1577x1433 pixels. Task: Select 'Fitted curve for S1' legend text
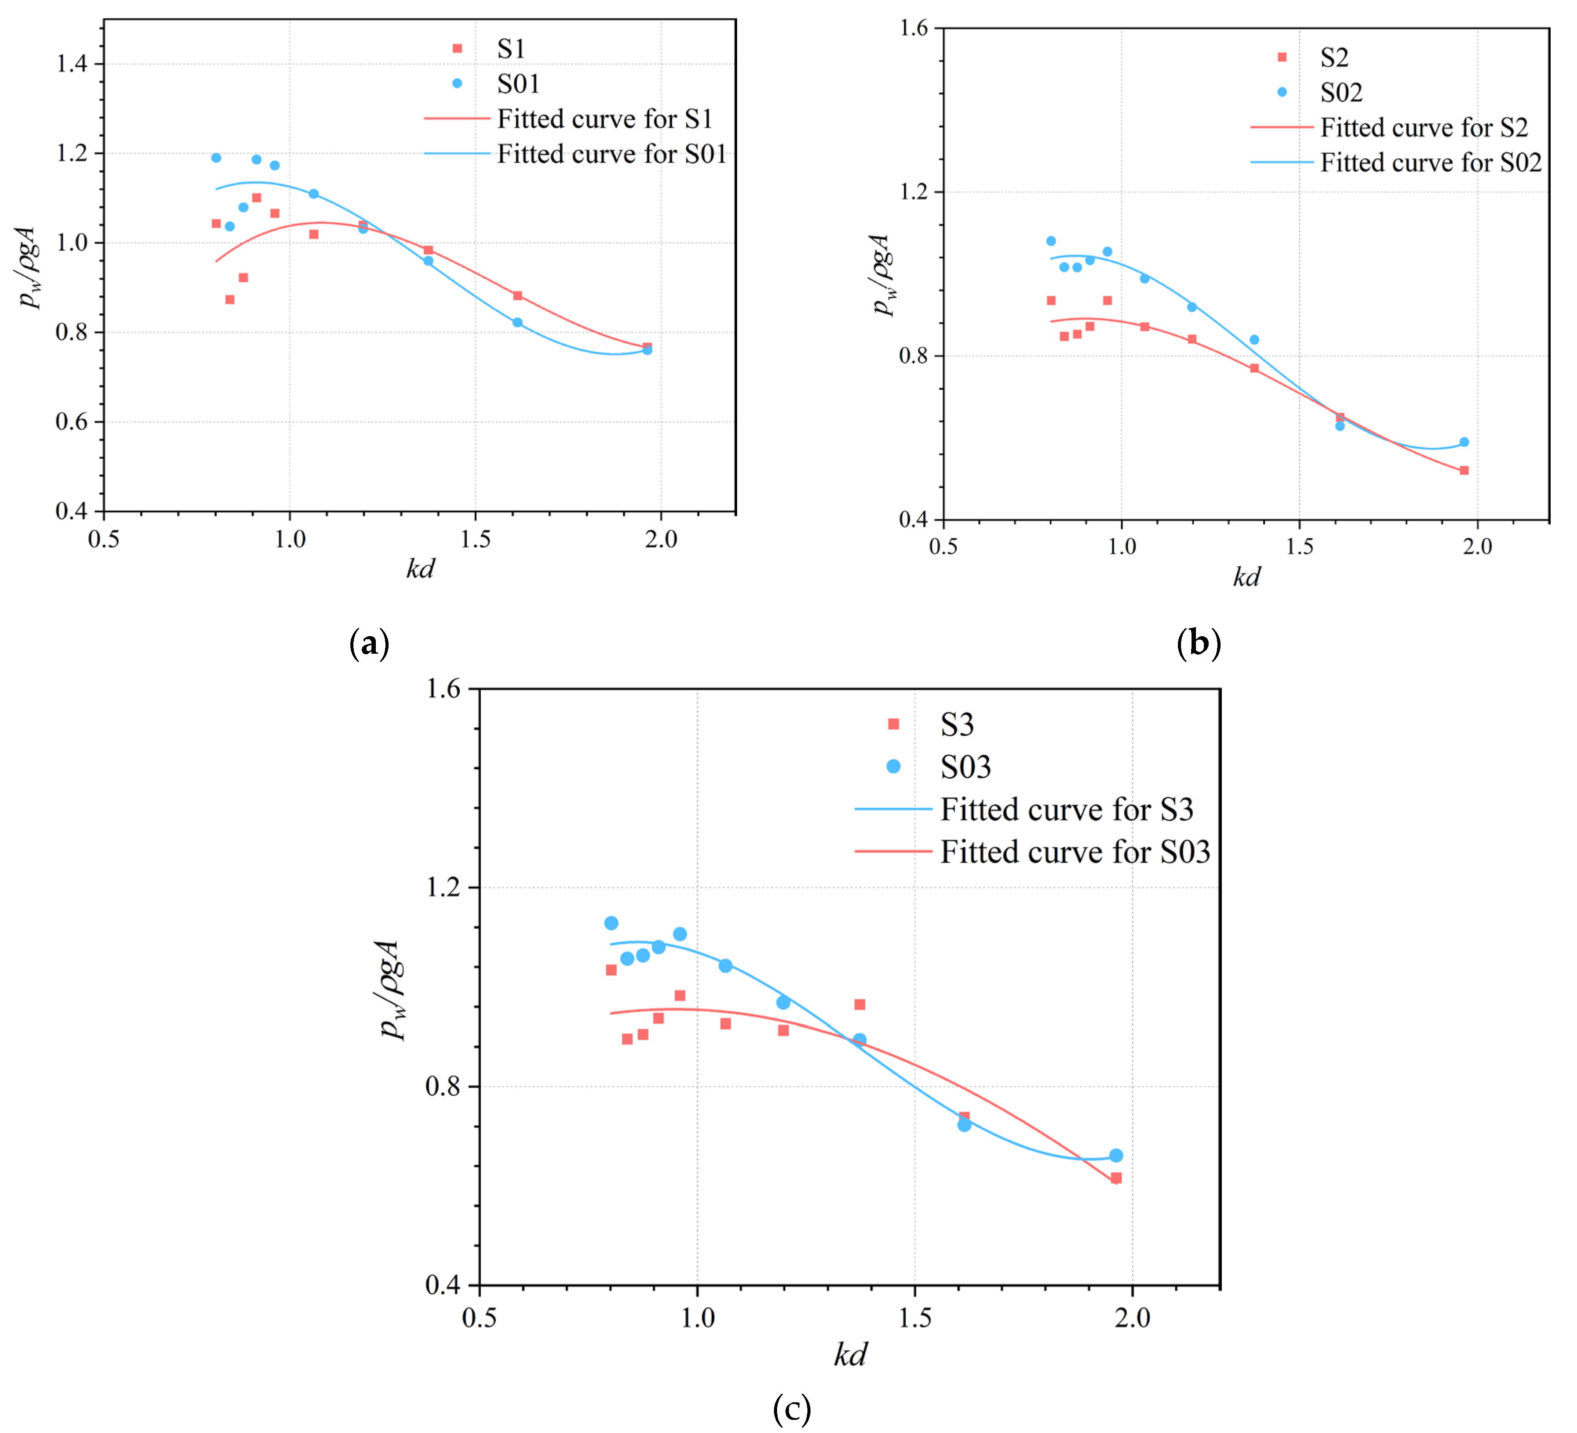click(605, 119)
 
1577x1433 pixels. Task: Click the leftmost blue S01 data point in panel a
click(216, 158)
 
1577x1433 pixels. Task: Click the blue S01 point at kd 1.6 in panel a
click(517, 322)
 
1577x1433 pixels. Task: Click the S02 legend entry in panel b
click(1341, 92)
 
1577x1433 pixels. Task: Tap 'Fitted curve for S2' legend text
click(1424, 127)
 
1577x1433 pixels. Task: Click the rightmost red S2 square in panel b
click(1464, 470)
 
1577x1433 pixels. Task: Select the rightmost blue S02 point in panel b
click(1464, 442)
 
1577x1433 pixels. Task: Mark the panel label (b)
click(1199, 643)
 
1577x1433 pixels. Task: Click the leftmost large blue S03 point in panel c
click(611, 923)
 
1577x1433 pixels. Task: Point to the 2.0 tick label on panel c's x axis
click(1132, 1319)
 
